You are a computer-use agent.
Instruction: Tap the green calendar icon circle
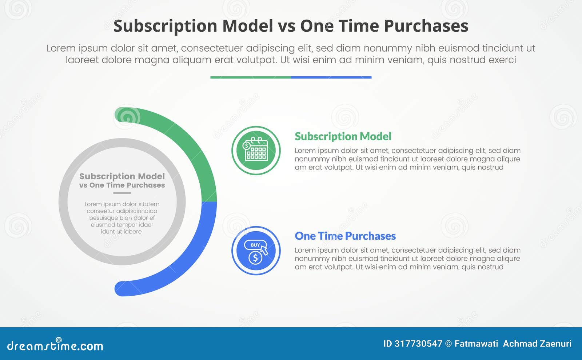coord(256,151)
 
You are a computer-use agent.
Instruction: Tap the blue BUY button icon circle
coord(256,251)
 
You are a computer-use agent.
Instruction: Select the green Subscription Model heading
coord(343,136)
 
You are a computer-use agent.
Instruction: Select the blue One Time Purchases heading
coord(345,236)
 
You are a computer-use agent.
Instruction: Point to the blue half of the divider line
coord(331,77)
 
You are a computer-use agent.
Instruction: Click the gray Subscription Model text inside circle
coord(122,176)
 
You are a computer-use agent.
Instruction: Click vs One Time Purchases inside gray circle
coord(122,185)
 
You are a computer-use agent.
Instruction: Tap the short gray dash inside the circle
coord(122,193)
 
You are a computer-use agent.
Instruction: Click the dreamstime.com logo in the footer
coord(55,345)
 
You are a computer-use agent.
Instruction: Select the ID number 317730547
coord(418,344)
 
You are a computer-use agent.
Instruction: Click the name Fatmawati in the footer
coord(476,344)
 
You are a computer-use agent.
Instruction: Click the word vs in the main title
coord(286,26)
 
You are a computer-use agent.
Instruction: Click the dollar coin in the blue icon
coord(255,258)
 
